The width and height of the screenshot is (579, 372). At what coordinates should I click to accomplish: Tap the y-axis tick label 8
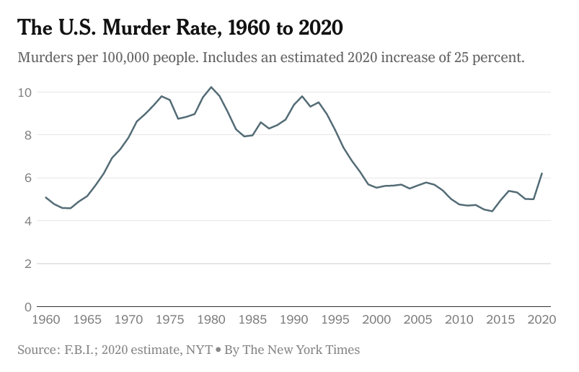click(x=27, y=135)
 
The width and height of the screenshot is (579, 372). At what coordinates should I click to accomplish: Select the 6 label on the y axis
click(x=27, y=178)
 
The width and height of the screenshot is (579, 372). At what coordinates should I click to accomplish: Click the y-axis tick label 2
click(x=27, y=264)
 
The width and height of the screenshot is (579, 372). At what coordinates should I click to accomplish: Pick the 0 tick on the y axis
click(x=27, y=306)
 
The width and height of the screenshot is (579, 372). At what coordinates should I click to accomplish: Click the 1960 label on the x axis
click(x=45, y=319)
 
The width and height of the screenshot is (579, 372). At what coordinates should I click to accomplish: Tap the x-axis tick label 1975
click(x=170, y=319)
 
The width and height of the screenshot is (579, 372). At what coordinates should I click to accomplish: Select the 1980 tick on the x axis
click(x=211, y=319)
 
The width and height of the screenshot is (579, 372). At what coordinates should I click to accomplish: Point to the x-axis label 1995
click(x=335, y=319)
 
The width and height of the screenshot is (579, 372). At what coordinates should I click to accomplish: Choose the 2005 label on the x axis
click(x=418, y=319)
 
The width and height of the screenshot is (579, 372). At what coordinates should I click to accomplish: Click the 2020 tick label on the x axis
click(x=542, y=319)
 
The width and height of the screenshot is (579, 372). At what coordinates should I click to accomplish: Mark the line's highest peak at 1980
click(x=211, y=87)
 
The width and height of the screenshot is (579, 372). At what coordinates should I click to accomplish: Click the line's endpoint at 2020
click(x=542, y=173)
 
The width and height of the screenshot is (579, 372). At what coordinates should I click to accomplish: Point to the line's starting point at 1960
click(x=45, y=197)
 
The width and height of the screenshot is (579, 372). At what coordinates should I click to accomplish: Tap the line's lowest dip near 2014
click(x=492, y=211)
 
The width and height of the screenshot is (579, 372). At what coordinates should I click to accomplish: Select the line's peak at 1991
click(x=302, y=96)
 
